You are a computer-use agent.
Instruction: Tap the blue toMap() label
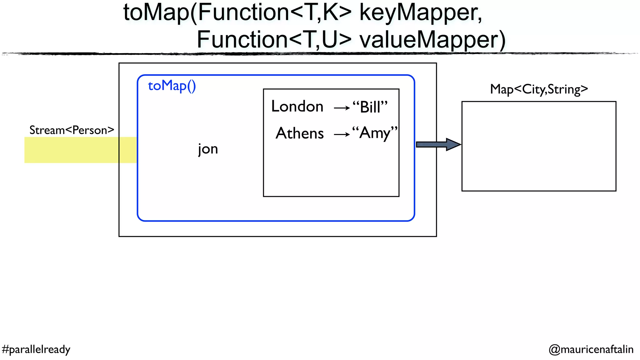172,86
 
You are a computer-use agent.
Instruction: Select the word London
297,107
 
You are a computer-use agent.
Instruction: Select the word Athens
300,133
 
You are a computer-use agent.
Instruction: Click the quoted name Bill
370,107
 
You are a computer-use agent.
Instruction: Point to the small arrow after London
342,108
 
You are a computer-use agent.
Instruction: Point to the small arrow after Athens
342,135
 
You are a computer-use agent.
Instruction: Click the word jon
208,149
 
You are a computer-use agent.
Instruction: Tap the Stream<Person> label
72,130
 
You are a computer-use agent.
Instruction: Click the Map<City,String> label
539,89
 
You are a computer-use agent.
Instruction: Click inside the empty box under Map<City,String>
539,146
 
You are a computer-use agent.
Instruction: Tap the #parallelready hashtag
36,349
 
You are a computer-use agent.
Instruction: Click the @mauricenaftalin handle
591,349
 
